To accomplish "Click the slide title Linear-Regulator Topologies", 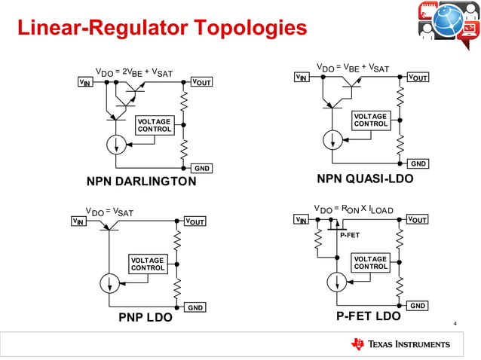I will coord(162,28).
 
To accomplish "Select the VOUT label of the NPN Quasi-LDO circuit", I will coord(418,78).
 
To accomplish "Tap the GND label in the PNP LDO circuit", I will coord(195,307).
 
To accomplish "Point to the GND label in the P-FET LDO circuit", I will coord(418,305).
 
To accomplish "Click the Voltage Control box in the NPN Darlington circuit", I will coord(153,125).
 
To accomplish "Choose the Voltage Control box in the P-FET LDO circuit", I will coord(370,262).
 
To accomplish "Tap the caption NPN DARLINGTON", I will coord(141,181).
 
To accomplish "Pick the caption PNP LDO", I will coord(145,317).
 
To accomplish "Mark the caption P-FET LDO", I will coord(368,316).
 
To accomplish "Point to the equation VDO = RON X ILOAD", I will coord(359,208).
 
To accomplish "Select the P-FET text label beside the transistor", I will coord(350,235).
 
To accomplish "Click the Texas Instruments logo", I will coord(400,344).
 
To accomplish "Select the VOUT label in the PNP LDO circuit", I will coord(195,221).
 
